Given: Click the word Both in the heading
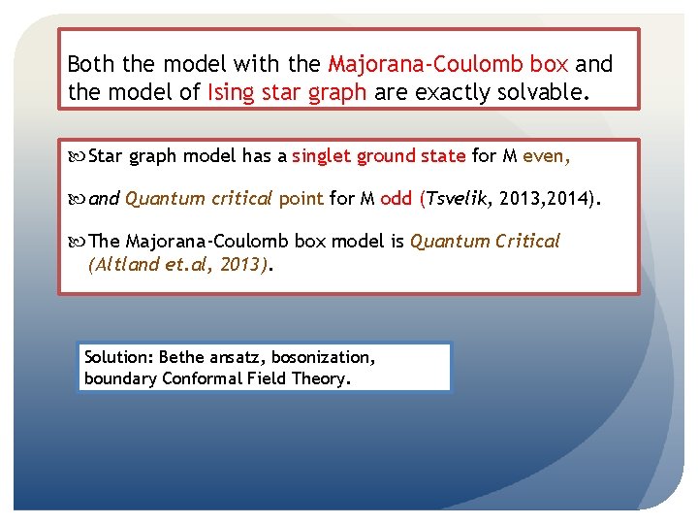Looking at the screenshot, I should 90,65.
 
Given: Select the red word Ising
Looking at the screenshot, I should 230,92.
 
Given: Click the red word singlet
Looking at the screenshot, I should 322,156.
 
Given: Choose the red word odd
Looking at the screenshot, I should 397,200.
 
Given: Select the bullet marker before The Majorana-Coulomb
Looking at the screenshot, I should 79,242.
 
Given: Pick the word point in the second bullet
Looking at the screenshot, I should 301,200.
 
